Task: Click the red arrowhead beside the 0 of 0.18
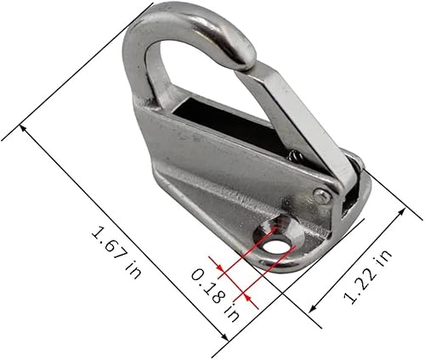tap(220, 271)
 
